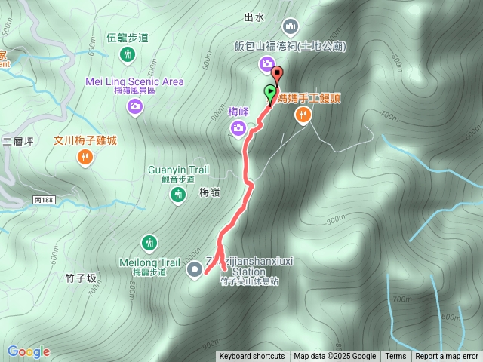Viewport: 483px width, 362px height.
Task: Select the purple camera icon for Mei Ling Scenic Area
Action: click(134, 107)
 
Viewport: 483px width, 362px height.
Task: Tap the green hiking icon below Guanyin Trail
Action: click(177, 195)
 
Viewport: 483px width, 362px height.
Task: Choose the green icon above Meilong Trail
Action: click(149, 242)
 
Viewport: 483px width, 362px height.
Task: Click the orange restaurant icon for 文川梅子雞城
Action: click(85, 157)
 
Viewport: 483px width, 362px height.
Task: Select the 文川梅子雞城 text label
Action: click(85, 140)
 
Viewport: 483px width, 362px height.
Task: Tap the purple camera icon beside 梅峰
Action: click(238, 130)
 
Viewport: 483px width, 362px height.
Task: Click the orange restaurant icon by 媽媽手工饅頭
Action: click(303, 115)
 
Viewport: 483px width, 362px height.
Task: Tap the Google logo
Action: click(28, 351)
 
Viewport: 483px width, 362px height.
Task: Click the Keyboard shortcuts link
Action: click(252, 357)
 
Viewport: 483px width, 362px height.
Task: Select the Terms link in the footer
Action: click(395, 357)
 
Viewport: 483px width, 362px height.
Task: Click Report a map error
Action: click(447, 357)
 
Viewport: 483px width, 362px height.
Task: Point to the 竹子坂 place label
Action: click(82, 278)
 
